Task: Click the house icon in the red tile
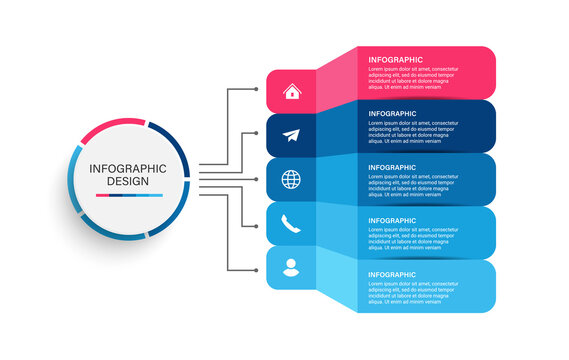(x=291, y=92)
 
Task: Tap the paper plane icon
(x=291, y=136)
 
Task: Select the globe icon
(x=291, y=180)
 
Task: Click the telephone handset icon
(x=291, y=224)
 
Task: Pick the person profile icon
(x=291, y=268)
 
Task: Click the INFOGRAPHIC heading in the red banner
(x=396, y=60)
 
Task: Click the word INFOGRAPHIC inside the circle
(x=127, y=168)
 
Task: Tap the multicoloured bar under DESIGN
(x=127, y=196)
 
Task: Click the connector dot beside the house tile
(x=257, y=89)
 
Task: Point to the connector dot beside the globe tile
(x=257, y=179)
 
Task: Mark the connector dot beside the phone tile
(x=257, y=225)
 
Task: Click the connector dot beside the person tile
(x=257, y=269)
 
